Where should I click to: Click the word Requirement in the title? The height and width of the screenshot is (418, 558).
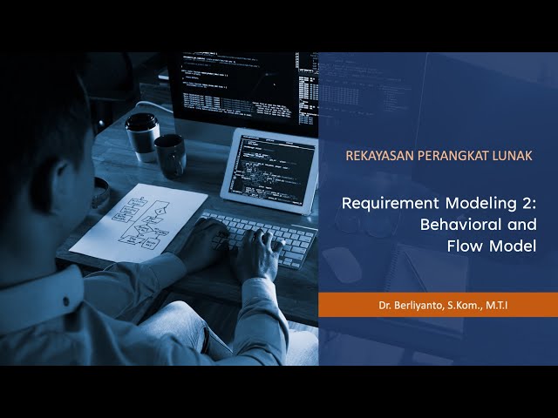click(391, 204)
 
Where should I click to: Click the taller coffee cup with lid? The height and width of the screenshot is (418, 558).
click(141, 137)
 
